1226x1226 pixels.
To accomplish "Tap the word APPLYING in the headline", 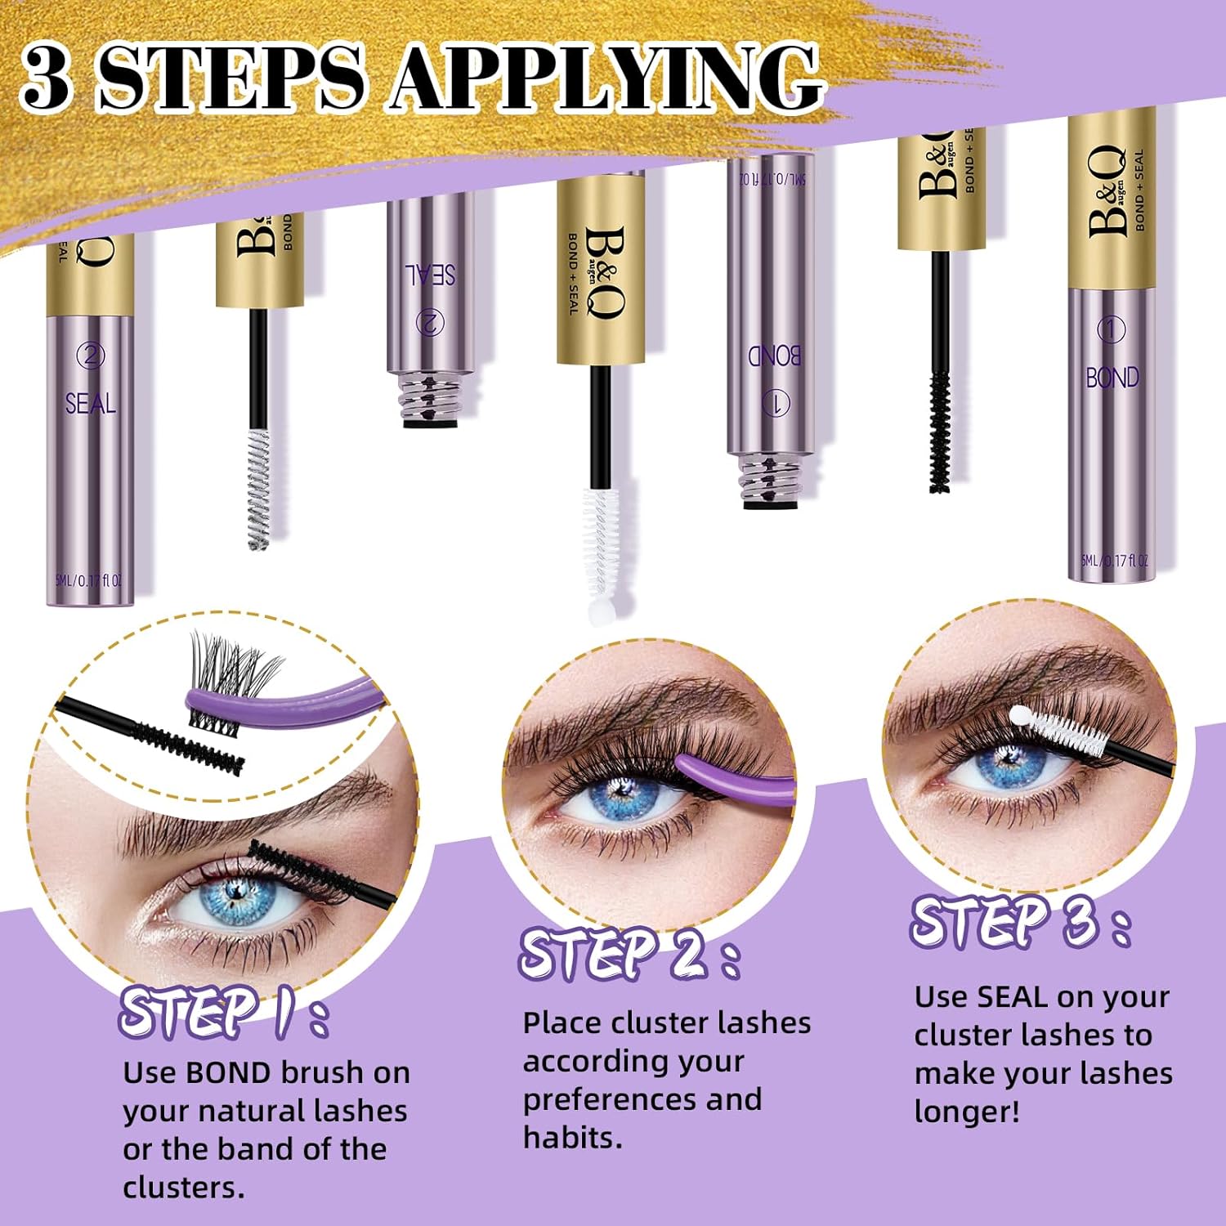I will (x=605, y=78).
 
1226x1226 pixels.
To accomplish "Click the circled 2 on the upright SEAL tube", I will (x=90, y=356).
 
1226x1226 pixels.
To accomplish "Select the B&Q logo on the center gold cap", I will (x=604, y=272).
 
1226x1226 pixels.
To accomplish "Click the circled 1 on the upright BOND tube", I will (x=1111, y=330).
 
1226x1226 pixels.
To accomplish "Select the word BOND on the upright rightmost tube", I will (x=1112, y=378).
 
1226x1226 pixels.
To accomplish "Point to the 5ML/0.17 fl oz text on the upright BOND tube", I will (x=1113, y=561).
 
